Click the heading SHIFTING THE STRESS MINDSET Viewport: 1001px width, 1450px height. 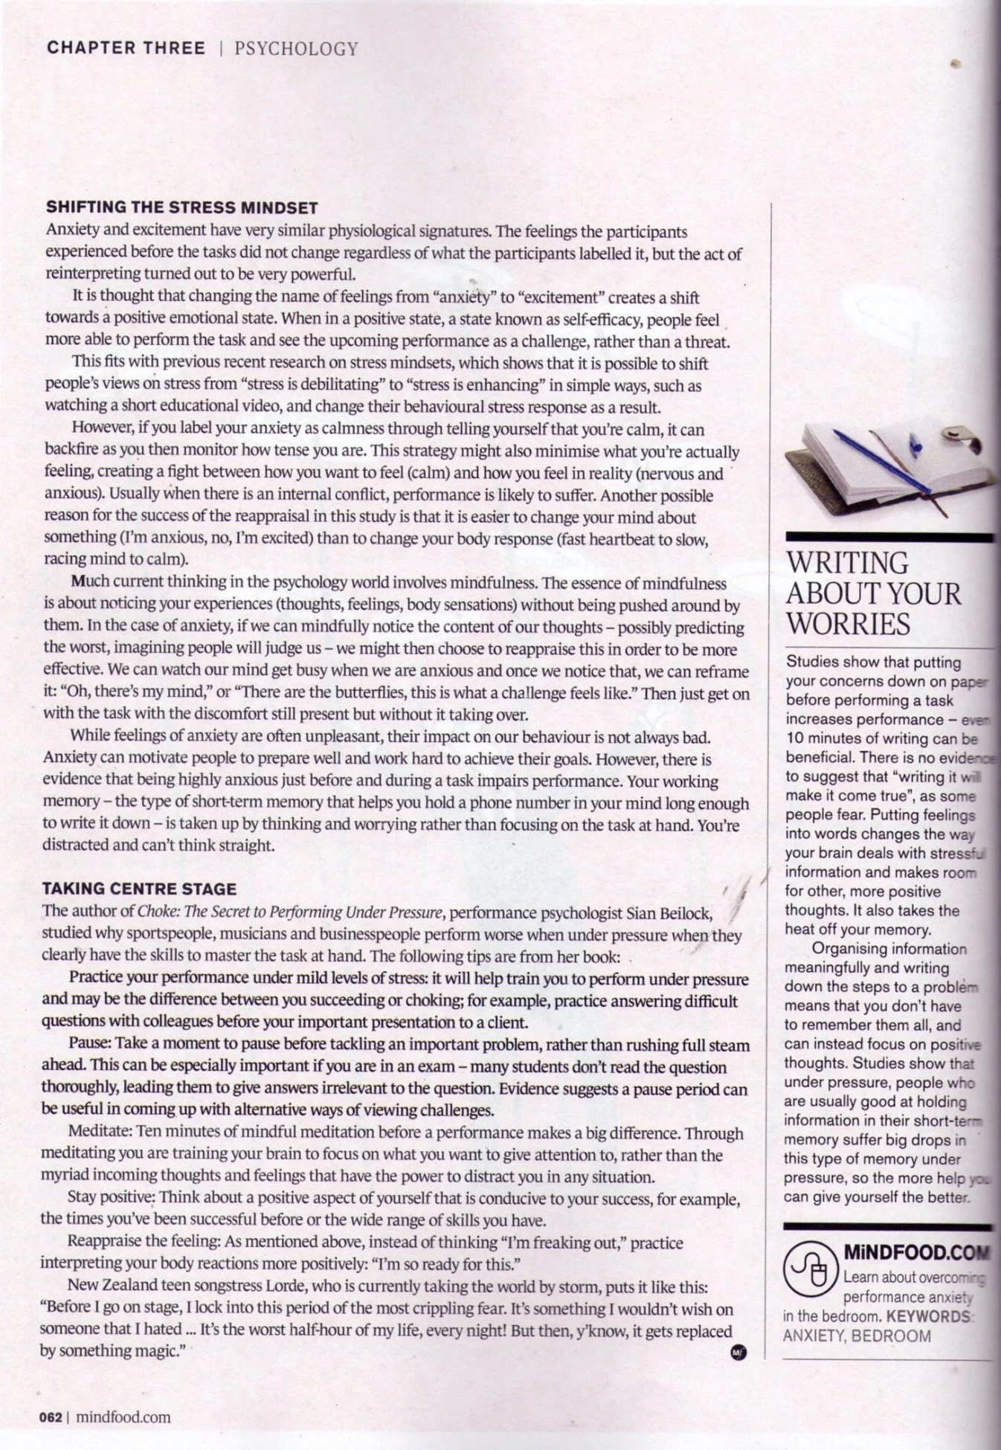(x=182, y=207)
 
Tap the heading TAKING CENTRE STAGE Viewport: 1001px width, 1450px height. (x=139, y=889)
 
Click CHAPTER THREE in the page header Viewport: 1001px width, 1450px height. (x=126, y=48)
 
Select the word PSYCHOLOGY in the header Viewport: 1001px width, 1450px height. (x=296, y=49)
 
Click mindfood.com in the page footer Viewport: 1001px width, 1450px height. (x=123, y=1417)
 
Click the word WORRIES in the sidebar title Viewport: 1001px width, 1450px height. (x=848, y=623)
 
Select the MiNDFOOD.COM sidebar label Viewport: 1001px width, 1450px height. (x=917, y=1253)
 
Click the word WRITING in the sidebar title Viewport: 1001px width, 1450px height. (x=847, y=563)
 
